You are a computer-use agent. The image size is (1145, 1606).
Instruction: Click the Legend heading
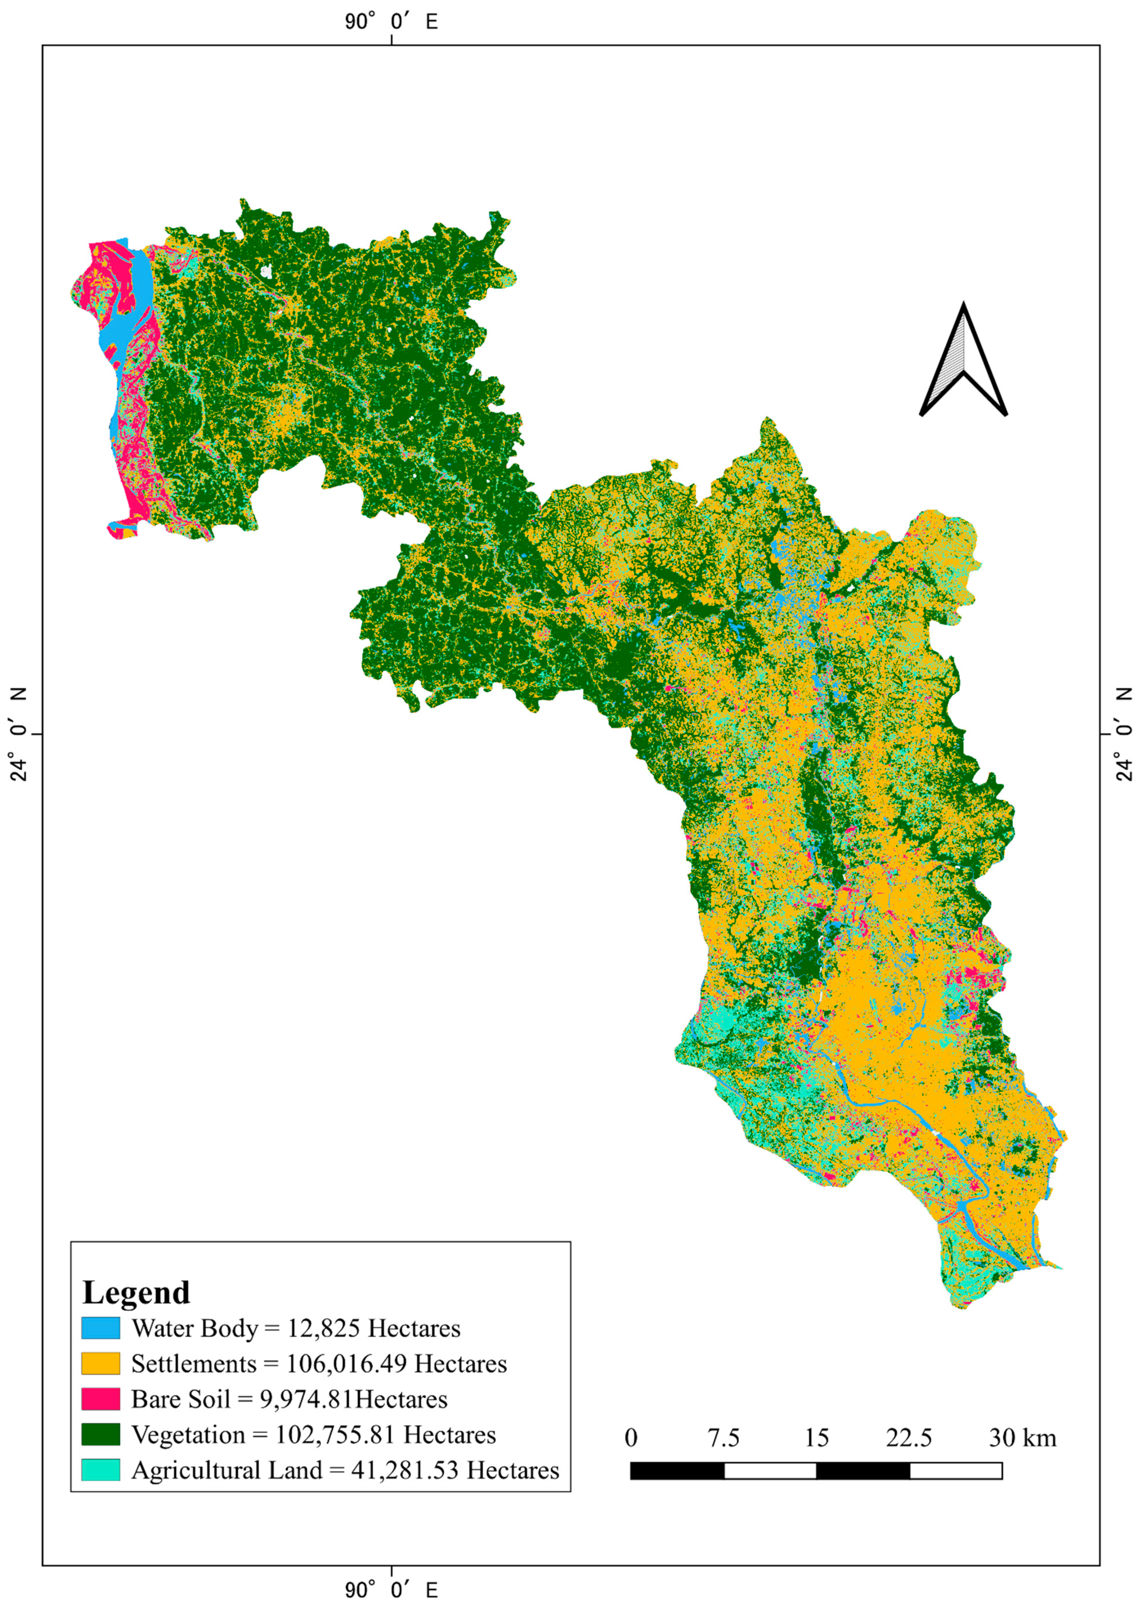pos(136,1292)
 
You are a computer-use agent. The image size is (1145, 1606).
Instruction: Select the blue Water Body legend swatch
pos(101,1328)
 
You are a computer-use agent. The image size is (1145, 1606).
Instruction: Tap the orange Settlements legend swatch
pos(101,1364)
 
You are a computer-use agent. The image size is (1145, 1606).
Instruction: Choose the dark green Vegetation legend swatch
pos(101,1435)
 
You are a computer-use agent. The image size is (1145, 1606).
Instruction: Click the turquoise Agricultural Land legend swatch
pos(101,1470)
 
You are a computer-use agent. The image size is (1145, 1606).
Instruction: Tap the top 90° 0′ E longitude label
pos(391,22)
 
